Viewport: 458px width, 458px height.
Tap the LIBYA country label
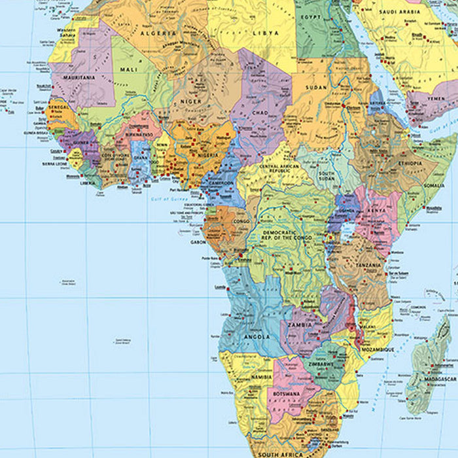click(266, 33)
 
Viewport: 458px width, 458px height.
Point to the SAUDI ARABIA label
click(401, 12)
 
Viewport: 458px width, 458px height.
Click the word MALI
click(128, 68)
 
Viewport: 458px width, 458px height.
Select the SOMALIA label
click(433, 185)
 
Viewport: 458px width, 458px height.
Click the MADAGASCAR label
click(440, 379)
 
